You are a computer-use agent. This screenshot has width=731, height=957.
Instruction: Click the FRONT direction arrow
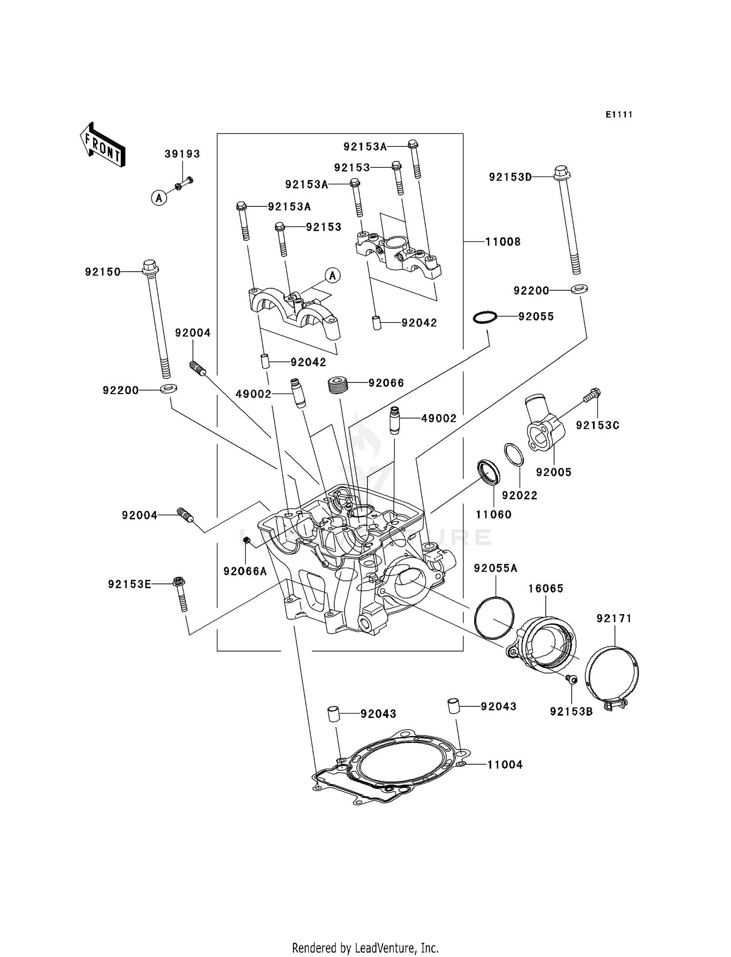102,146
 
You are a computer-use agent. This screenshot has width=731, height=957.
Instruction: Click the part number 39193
182,154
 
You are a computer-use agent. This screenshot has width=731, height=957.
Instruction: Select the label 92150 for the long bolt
103,272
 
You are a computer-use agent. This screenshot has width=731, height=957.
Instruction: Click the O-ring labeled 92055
485,317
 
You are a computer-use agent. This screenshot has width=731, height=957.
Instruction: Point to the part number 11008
503,242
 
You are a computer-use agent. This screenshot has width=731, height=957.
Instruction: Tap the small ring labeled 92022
514,455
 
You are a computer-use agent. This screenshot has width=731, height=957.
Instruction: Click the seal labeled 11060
488,472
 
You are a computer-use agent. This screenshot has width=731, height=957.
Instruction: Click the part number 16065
546,589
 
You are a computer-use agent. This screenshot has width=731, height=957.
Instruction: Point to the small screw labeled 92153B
572,678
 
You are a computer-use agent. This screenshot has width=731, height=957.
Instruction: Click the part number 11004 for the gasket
505,765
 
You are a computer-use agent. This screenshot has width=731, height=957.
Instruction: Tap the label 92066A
245,571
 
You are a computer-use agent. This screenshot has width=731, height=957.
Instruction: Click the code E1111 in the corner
619,115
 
